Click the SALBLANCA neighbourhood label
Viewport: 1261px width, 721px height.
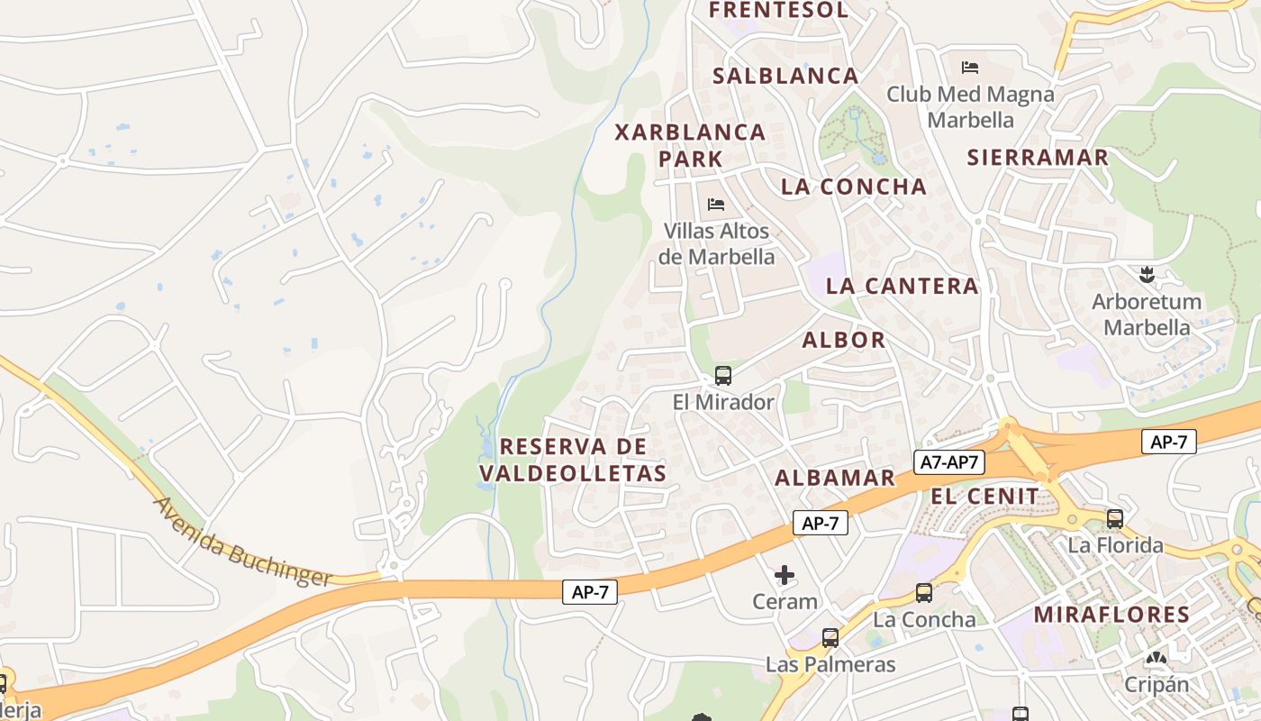pyautogui.click(x=785, y=76)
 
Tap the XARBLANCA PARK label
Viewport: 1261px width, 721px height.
pyautogui.click(x=690, y=145)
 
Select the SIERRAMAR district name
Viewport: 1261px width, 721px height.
pyautogui.click(x=1038, y=158)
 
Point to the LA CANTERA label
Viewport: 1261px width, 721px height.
pyautogui.click(x=902, y=287)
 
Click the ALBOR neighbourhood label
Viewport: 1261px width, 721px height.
pyautogui.click(x=844, y=340)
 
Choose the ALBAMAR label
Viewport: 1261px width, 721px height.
pyautogui.click(x=835, y=478)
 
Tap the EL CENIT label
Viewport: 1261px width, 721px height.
pyautogui.click(x=984, y=496)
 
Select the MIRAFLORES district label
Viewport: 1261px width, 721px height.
pyautogui.click(x=1111, y=615)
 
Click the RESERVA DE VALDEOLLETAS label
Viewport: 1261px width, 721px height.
pyautogui.click(x=573, y=460)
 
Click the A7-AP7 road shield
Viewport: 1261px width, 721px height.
pyautogui.click(x=949, y=462)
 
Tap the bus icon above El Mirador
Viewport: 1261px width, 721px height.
pyautogui.click(x=722, y=376)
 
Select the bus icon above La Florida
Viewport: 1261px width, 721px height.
pyautogui.click(x=1115, y=519)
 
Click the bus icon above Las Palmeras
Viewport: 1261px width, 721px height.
pyautogui.click(x=830, y=638)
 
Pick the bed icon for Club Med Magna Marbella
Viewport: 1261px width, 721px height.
pyautogui.click(x=970, y=68)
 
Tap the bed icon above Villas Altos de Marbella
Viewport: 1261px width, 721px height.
pyautogui.click(x=716, y=205)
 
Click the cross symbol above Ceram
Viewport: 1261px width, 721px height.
pyautogui.click(x=785, y=575)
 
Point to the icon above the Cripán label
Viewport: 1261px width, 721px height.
pyautogui.click(x=1156, y=658)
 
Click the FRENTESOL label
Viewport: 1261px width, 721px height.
pyautogui.click(x=778, y=10)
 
